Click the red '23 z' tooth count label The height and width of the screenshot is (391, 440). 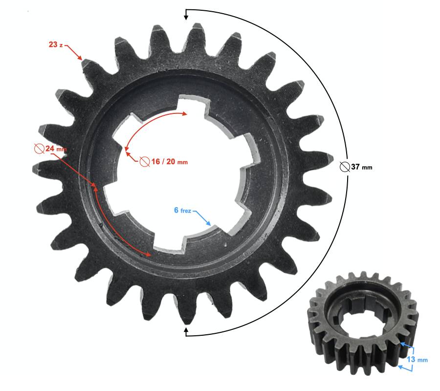[56, 44]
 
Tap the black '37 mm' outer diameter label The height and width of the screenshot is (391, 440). [362, 167]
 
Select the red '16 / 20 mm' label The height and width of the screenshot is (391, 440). [170, 162]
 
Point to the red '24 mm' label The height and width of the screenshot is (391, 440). [56, 149]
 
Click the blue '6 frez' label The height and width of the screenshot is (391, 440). [182, 210]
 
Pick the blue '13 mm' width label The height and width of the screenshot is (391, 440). [418, 359]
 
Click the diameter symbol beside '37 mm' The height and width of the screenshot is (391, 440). [345, 167]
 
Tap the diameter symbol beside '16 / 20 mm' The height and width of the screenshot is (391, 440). [145, 162]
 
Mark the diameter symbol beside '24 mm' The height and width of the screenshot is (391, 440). [39, 149]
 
